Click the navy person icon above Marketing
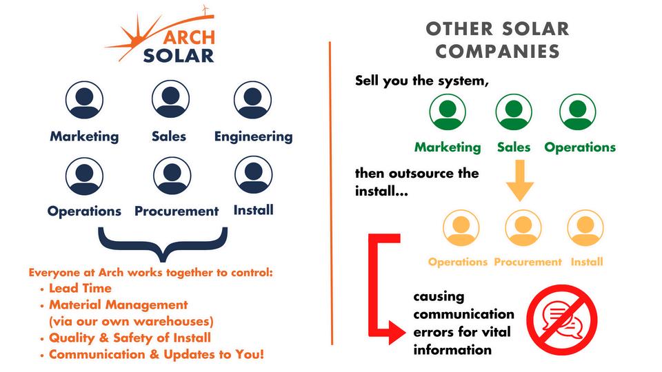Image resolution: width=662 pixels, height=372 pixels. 84,100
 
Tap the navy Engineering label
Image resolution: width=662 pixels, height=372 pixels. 253,136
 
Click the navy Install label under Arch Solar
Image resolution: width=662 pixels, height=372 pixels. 253,209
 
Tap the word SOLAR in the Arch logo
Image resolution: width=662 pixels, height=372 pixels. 179,55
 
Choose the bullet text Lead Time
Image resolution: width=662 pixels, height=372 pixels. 80,288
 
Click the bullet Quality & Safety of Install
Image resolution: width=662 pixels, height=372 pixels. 130,338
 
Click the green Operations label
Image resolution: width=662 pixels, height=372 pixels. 580,147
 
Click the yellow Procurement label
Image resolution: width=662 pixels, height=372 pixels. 528,262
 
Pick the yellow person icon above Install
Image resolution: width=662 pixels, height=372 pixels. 585,228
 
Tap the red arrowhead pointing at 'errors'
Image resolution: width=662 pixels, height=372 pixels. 397,335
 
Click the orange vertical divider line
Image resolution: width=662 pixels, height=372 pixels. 330,193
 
